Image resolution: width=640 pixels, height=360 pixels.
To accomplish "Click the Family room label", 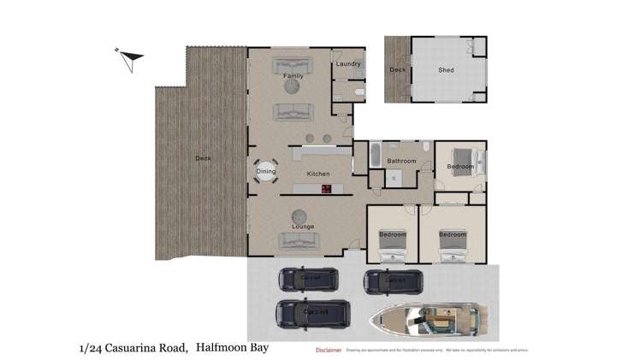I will coord(293,77).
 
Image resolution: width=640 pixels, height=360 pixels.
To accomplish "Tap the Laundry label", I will coord(348,64).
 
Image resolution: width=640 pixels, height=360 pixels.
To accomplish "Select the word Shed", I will coord(446,70).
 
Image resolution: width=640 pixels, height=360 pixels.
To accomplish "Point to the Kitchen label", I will coord(318,174).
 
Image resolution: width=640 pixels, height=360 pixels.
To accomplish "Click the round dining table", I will coord(266,172).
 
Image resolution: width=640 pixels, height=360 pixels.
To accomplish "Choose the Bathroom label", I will coord(401,161).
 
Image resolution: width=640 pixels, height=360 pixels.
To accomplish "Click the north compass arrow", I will coord(131,59).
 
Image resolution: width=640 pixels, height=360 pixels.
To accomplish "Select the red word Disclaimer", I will coord(328,350).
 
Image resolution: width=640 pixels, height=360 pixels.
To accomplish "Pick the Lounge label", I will coord(302,227).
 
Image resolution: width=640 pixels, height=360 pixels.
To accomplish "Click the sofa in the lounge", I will coord(300,242).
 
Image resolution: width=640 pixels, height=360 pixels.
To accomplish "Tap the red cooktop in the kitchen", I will coord(325,187).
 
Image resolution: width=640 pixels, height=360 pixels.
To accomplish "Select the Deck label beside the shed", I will coord(397,70).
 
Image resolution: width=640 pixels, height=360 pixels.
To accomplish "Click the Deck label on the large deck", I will coord(202,158).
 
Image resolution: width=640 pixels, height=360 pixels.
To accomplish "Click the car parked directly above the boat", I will coord(394,280).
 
